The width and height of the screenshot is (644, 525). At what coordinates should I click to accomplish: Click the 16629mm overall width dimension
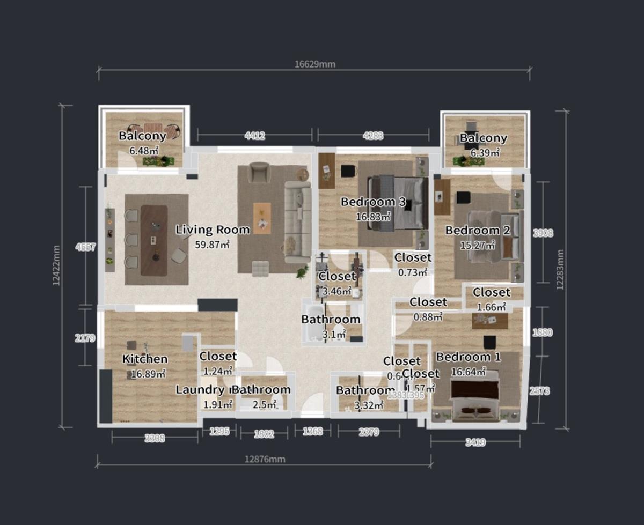pyautogui.click(x=314, y=64)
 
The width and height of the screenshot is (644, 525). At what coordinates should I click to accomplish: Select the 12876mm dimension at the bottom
pyautogui.click(x=265, y=459)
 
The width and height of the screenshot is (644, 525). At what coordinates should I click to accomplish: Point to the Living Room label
pyautogui.click(x=213, y=230)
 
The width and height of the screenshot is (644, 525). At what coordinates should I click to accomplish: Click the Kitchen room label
pyautogui.click(x=145, y=359)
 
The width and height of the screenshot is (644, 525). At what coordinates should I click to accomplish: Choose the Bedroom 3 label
pyautogui.click(x=373, y=202)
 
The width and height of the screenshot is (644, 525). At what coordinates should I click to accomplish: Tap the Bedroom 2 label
pyautogui.click(x=477, y=231)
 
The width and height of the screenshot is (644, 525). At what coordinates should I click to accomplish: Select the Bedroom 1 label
pyautogui.click(x=468, y=357)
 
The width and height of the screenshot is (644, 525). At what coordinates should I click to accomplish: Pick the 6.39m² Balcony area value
pyautogui.click(x=485, y=153)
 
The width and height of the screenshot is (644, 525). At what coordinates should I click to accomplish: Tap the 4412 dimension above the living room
pyautogui.click(x=255, y=136)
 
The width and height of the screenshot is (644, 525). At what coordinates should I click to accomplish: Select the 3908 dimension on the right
pyautogui.click(x=543, y=233)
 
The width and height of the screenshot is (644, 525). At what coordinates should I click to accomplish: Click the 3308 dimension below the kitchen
pyautogui.click(x=155, y=438)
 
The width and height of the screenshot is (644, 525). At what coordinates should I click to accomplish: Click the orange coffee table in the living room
pyautogui.click(x=262, y=218)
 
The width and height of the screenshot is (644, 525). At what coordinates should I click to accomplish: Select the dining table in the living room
pyautogui.click(x=153, y=240)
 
